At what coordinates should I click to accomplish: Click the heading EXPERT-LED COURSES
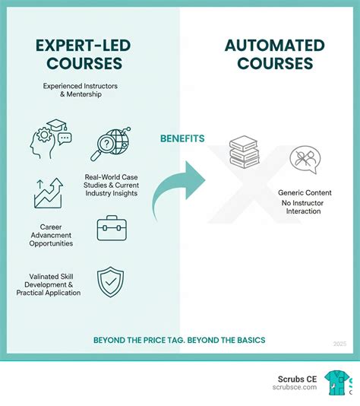pyautogui.click(x=84, y=55)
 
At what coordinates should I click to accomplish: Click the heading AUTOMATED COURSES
pyautogui.click(x=275, y=55)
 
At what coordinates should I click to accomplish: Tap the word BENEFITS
pyautogui.click(x=182, y=139)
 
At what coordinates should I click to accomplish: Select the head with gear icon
pyautogui.click(x=51, y=139)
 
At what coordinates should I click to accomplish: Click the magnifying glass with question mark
pyautogui.click(x=111, y=144)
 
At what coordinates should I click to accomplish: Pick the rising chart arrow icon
pyautogui.click(x=49, y=193)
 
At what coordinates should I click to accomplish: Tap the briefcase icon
pyautogui.click(x=112, y=228)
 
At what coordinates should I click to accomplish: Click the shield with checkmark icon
pyautogui.click(x=110, y=282)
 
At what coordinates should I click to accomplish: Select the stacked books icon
pyautogui.click(x=245, y=152)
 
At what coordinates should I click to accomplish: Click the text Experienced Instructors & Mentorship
pyautogui.click(x=81, y=90)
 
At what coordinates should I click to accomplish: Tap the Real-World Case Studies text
pyautogui.click(x=111, y=186)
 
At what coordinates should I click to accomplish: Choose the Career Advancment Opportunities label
pyautogui.click(x=51, y=235)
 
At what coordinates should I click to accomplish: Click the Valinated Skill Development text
pyautogui.click(x=49, y=284)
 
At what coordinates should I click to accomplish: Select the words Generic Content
pyautogui.click(x=305, y=192)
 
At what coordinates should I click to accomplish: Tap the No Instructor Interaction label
pyautogui.click(x=303, y=207)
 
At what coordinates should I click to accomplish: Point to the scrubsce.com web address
pyautogui.click(x=295, y=387)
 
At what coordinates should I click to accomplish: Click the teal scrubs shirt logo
pyautogui.click(x=336, y=383)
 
